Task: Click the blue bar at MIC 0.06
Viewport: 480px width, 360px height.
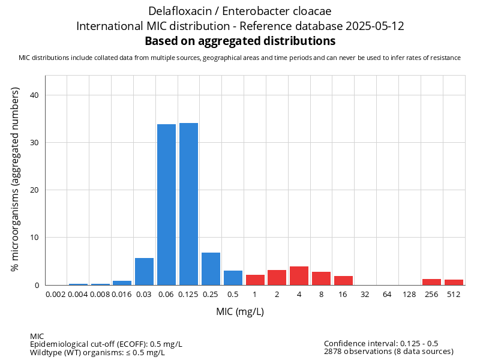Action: coord(166,205)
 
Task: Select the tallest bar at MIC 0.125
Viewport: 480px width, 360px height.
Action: coord(188,204)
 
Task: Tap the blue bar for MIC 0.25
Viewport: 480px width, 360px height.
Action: coord(211,269)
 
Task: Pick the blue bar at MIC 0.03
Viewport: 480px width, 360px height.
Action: coord(144,271)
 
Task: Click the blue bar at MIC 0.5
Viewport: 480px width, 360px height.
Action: coord(233,278)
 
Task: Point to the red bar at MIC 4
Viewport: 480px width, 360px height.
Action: coord(299,276)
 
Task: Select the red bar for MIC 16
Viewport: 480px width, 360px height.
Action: coord(343,280)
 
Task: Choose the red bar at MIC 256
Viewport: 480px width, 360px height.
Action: coord(431,282)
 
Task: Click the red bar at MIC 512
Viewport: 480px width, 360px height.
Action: coord(454,282)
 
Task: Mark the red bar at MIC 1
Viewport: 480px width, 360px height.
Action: coord(255,280)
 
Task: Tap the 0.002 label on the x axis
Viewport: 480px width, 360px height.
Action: coord(56,295)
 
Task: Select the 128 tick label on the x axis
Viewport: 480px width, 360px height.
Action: coord(409,295)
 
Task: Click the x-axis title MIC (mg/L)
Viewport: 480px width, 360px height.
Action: coord(240,312)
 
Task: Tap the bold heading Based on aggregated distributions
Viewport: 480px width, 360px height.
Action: coord(240,41)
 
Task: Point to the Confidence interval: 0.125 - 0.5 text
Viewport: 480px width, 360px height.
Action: coord(381,343)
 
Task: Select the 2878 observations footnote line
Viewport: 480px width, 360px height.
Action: coord(388,352)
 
